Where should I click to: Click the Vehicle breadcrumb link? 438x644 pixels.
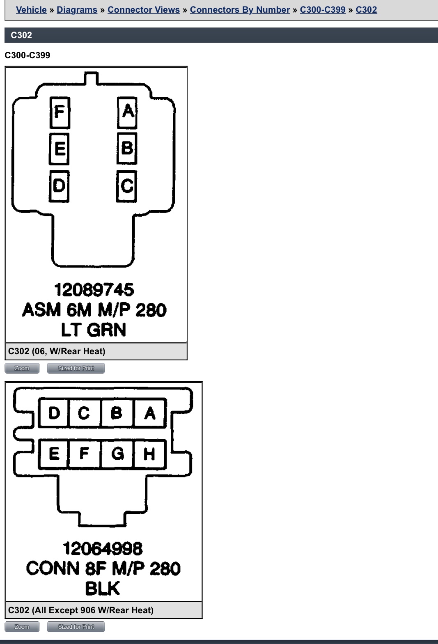(31, 10)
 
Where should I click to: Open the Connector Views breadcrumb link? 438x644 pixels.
(144, 10)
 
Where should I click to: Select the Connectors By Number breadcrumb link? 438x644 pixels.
(240, 10)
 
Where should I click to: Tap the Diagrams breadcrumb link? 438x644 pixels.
(77, 10)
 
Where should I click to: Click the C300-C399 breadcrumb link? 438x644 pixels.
(323, 10)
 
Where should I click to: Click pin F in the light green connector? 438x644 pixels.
(60, 112)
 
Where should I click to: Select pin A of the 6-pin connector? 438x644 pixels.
(127, 112)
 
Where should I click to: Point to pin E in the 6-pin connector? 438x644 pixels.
(59, 149)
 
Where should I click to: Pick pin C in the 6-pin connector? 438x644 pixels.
(126, 186)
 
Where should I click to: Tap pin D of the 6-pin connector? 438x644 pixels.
(59, 186)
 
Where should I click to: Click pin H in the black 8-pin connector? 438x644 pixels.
(150, 454)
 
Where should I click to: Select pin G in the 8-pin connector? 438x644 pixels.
(117, 454)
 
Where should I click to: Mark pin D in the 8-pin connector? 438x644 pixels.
(54, 413)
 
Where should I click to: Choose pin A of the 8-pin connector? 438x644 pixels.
(150, 413)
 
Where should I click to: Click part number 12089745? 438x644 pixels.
(94, 290)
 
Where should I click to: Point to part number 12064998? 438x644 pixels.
(103, 548)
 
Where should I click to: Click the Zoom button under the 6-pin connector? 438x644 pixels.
(22, 368)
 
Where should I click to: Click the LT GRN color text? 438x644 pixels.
(94, 330)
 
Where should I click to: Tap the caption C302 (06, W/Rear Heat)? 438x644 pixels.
(57, 351)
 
